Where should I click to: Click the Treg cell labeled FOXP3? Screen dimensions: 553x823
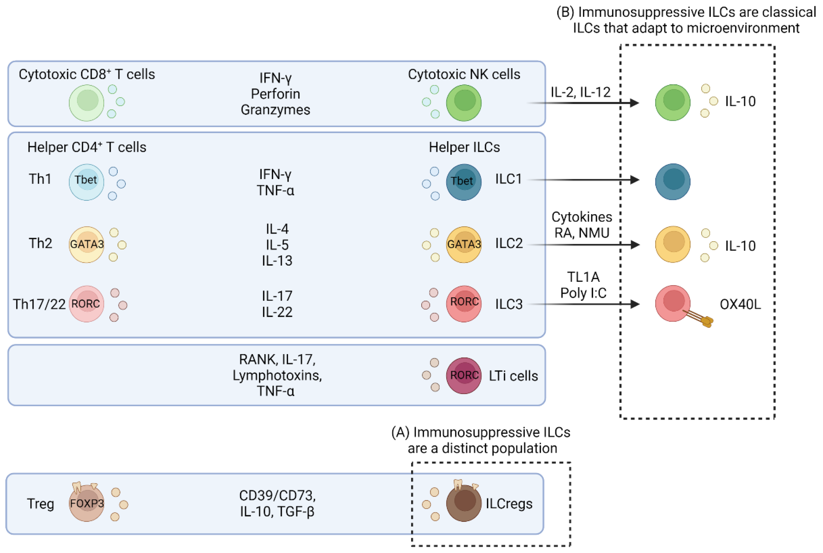pyautogui.click(x=86, y=503)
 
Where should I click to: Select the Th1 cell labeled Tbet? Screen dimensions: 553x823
pyautogui.click(x=86, y=182)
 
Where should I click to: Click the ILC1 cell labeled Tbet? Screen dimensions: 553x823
pyautogui.click(x=464, y=182)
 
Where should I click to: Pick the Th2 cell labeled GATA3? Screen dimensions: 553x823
pyautogui.click(x=86, y=244)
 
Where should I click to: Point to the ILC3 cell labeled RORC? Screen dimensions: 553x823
pyautogui.click(x=464, y=303)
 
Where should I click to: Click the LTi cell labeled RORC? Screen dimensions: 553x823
pyautogui.click(x=464, y=375)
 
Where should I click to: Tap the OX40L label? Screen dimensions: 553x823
pyautogui.click(x=740, y=304)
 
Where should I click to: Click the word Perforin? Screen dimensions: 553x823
pyautogui.click(x=276, y=94)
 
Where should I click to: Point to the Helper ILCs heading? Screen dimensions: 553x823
pyautogui.click(x=464, y=147)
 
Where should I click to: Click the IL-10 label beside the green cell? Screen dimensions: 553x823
pyautogui.click(x=740, y=101)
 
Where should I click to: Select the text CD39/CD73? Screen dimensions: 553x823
pyautogui.click(x=277, y=496)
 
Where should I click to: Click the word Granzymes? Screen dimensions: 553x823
pyautogui.click(x=276, y=110)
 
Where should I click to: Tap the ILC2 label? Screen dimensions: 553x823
pyautogui.click(x=509, y=243)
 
